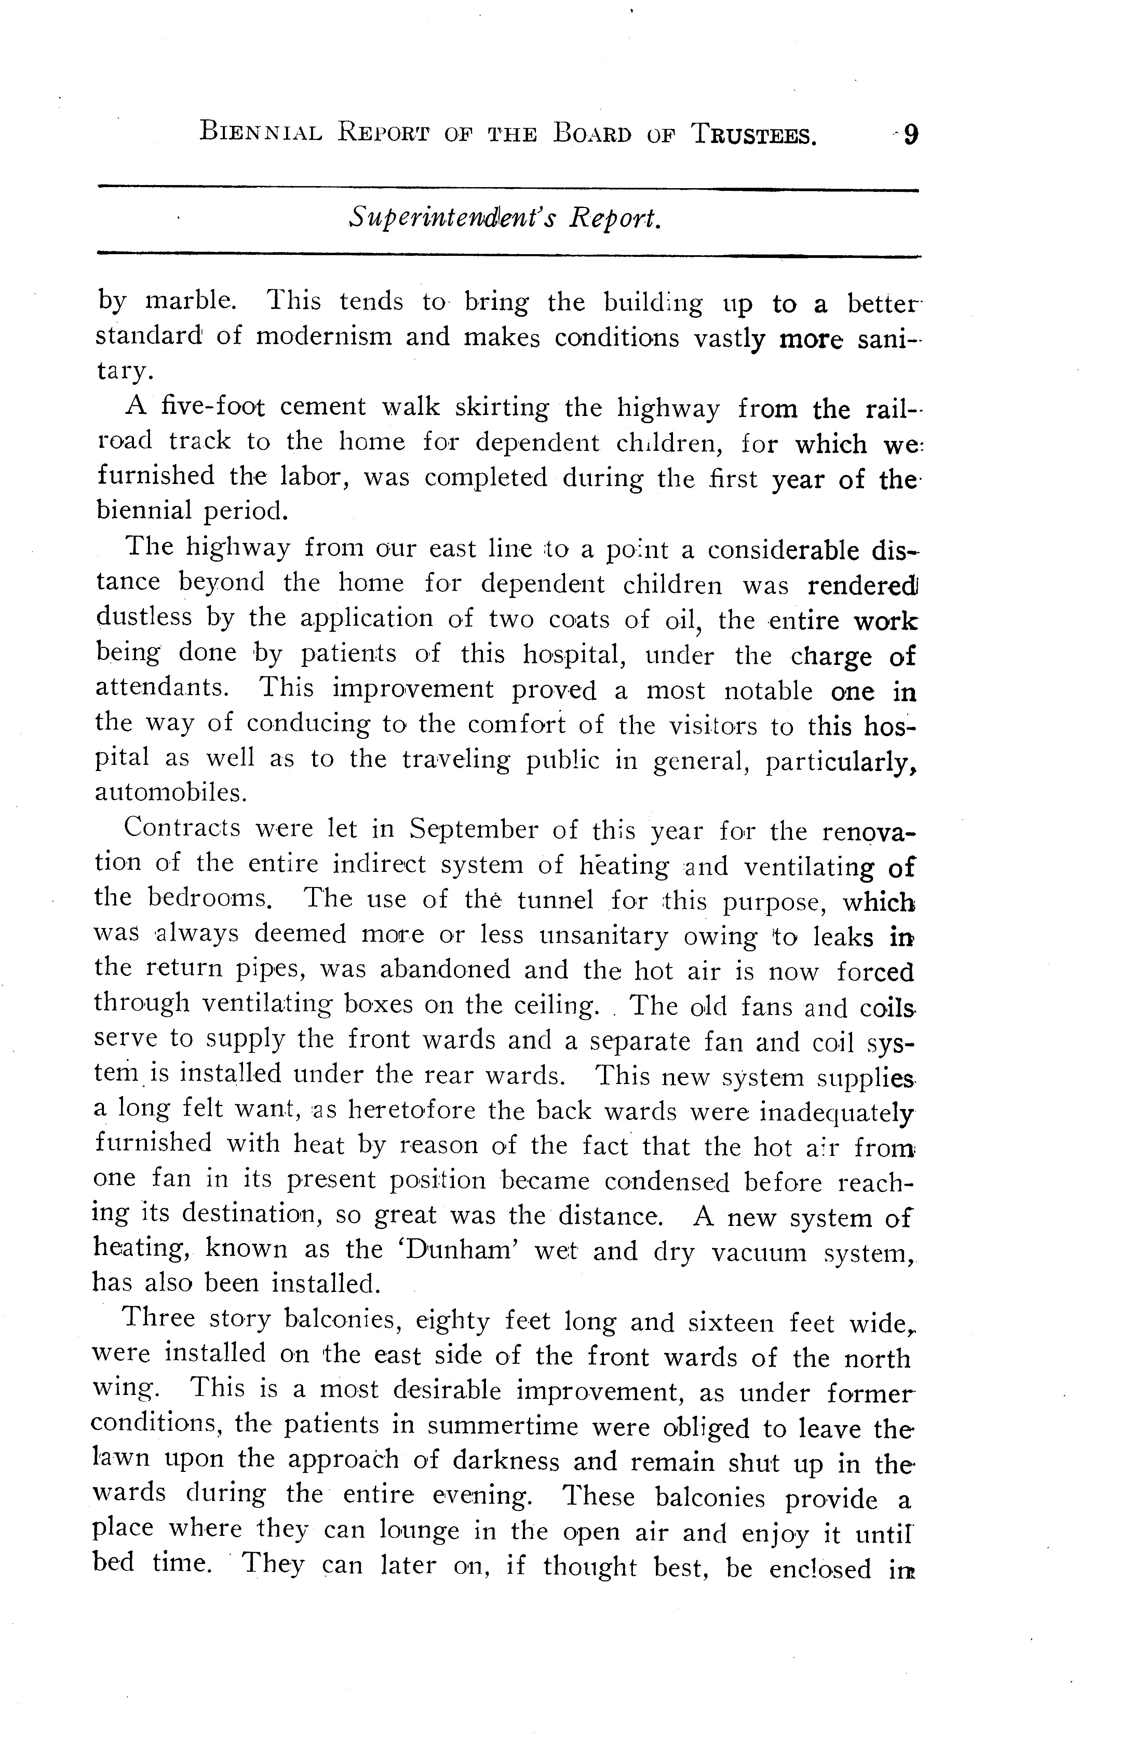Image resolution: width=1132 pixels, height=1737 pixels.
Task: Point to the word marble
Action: (x=191, y=301)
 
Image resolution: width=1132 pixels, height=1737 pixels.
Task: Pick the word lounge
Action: (x=419, y=1530)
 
